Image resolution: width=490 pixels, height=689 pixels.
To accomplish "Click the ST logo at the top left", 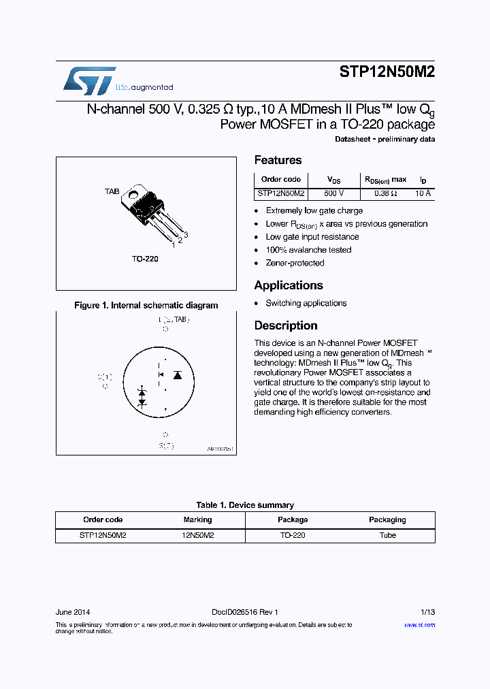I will pyautogui.click(x=89, y=80).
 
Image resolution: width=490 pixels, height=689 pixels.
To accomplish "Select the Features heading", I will pyautogui.click(x=278, y=161).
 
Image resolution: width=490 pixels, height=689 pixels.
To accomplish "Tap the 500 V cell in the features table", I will pyautogui.click(x=334, y=194).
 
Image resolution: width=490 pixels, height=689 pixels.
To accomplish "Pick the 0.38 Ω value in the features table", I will pyautogui.click(x=385, y=194).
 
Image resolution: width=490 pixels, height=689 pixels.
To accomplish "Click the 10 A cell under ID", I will pyautogui.click(x=423, y=194).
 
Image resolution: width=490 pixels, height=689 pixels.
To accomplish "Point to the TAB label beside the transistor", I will pyautogui.click(x=112, y=192).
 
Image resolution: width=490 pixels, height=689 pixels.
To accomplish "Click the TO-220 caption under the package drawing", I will pyautogui.click(x=145, y=259).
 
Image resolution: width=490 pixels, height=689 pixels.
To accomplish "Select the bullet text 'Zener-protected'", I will pyautogui.click(x=295, y=263).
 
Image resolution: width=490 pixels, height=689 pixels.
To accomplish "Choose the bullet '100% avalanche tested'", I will pyautogui.click(x=308, y=250).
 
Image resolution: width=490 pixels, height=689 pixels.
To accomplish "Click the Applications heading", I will pyautogui.click(x=289, y=286).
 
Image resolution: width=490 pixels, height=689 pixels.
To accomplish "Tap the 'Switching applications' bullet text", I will pyautogui.click(x=306, y=304).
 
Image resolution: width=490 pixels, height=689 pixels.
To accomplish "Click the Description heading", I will pyautogui.click(x=286, y=326).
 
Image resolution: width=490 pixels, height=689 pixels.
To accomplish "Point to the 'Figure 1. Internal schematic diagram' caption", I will pyautogui.click(x=146, y=306).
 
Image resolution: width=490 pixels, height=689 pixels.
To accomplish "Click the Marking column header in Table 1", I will pyautogui.click(x=198, y=520).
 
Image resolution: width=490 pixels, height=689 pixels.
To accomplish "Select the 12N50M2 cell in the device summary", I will pyautogui.click(x=198, y=536).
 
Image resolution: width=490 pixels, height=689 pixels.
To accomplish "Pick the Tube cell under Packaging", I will pyautogui.click(x=387, y=536).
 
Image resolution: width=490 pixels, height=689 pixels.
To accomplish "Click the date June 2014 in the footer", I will pyautogui.click(x=73, y=612).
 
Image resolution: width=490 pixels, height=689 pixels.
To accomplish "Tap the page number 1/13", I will pyautogui.click(x=426, y=612).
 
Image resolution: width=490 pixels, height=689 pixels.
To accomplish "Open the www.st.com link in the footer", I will pyautogui.click(x=419, y=625).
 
